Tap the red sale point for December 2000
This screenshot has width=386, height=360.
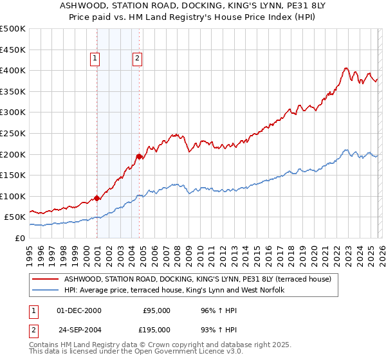(x=96, y=198)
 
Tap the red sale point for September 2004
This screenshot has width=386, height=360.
(x=139, y=156)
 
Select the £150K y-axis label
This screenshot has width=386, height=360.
(x=13, y=175)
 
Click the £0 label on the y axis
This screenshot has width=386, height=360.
(x=20, y=238)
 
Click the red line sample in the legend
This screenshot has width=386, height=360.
(x=45, y=279)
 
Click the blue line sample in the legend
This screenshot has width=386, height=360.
(x=45, y=290)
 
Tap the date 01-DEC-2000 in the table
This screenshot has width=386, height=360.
(x=79, y=310)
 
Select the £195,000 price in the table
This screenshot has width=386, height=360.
(x=156, y=331)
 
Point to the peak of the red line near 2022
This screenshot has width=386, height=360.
(x=346, y=68)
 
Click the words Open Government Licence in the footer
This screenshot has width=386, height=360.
(x=176, y=354)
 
